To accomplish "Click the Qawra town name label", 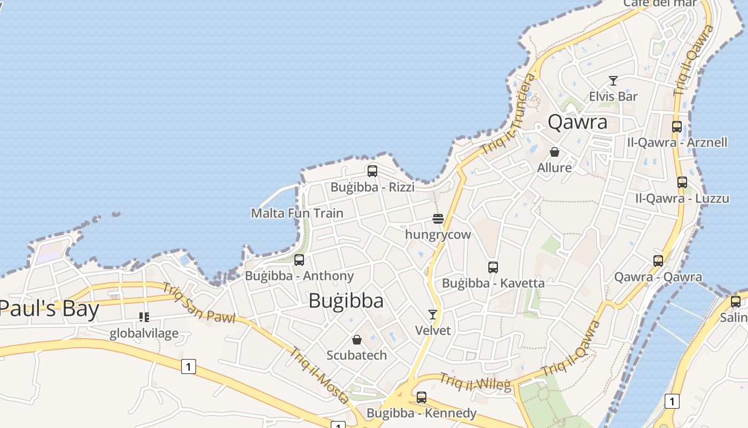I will tap(578, 123).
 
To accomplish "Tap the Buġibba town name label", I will tap(346, 301).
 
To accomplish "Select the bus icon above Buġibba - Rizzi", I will tap(372, 171).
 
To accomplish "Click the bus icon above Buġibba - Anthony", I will tap(299, 260).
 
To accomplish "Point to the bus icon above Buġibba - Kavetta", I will tap(493, 267).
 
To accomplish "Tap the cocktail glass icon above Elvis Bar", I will tap(613, 81).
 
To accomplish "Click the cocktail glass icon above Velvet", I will tap(433, 315).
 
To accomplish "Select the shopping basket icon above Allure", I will tap(555, 152).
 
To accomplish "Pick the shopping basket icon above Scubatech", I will tap(357, 340).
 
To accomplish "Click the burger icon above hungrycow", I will tap(438, 219).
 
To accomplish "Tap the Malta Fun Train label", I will tap(297, 213).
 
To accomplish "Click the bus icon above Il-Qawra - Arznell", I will tap(677, 127).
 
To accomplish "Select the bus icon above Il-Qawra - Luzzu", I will tap(682, 182).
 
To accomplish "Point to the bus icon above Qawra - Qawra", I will tap(658, 261).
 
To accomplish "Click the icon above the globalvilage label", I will tap(144, 317).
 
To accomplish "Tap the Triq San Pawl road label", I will tap(198, 303).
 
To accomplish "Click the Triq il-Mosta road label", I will tap(320, 376).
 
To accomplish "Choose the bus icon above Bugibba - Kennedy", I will tap(422, 398).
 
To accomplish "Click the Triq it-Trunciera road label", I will tap(508, 114).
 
